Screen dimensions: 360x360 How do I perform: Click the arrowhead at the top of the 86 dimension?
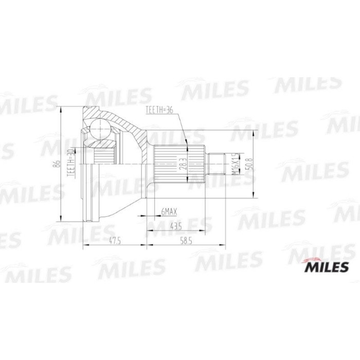[x=62, y=109]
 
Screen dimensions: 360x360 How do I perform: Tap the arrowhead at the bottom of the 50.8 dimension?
[x=254, y=195]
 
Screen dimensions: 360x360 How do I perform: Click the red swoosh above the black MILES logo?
[x=314, y=258]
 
